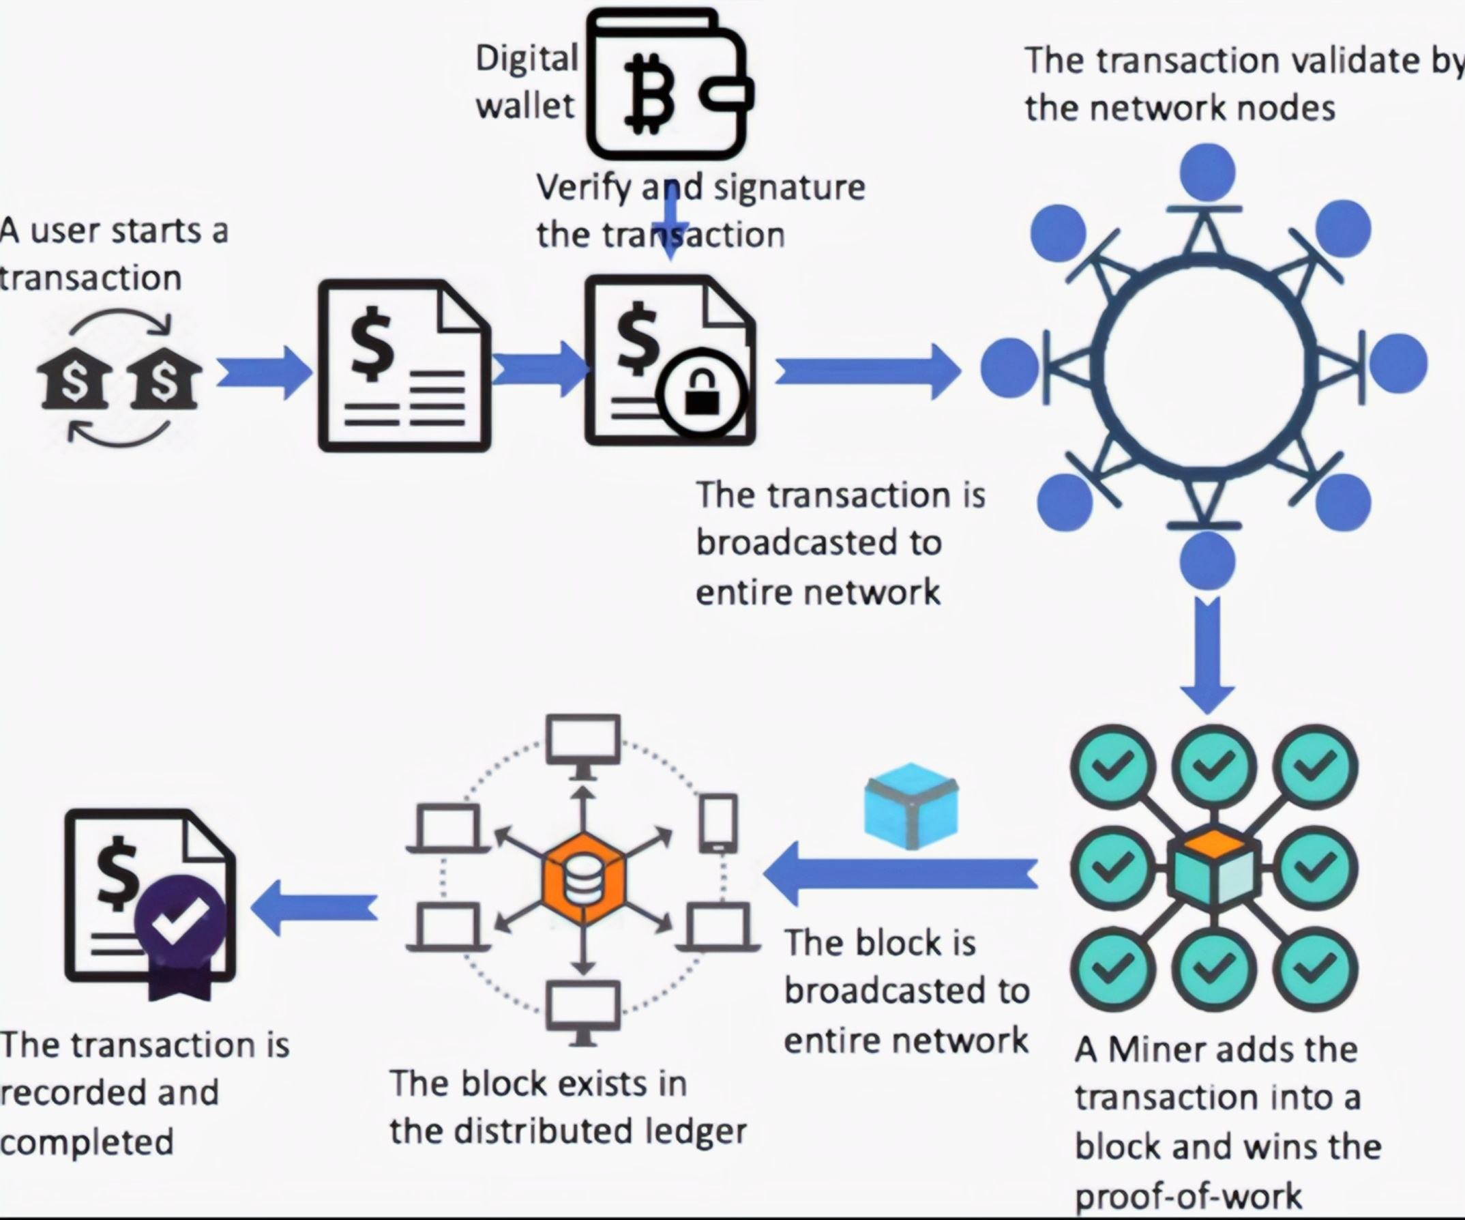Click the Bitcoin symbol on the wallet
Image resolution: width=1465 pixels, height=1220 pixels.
649,94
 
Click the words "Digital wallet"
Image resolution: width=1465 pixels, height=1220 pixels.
527,82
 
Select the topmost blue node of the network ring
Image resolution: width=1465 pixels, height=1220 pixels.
1208,172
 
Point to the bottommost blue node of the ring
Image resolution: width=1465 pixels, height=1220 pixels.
1208,561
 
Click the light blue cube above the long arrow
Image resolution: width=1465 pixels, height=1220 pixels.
911,805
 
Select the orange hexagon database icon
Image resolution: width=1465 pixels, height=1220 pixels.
583,879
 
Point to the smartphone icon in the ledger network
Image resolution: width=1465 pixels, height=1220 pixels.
719,823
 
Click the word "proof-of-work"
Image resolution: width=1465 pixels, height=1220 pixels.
1188,1195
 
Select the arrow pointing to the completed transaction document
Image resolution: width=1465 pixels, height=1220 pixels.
314,908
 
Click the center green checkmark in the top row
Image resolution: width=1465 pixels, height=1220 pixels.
1214,766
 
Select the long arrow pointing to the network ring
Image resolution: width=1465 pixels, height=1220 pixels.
868,372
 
